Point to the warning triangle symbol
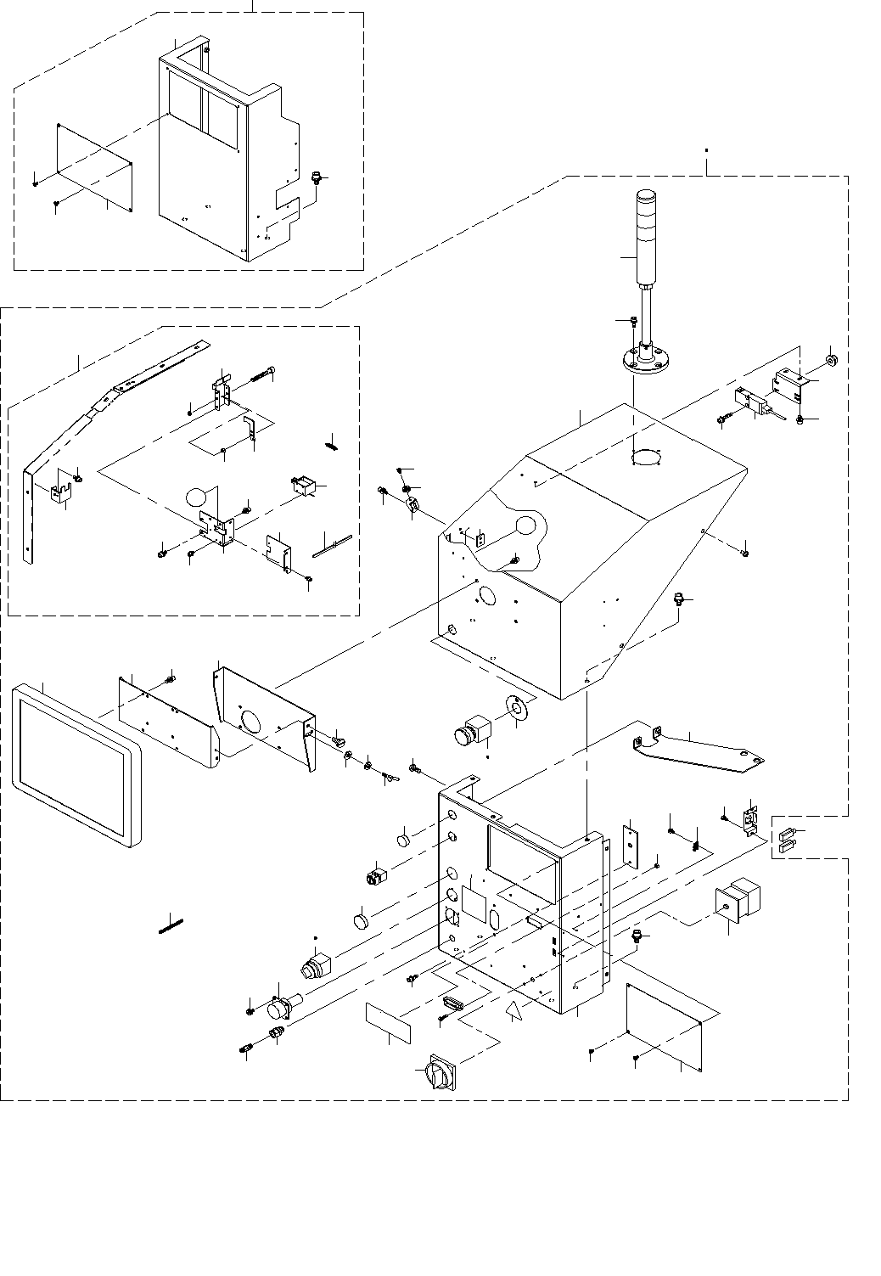[513, 1010]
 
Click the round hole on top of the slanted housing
[647, 458]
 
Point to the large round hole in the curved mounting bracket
[252, 720]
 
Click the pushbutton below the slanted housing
[472, 730]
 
